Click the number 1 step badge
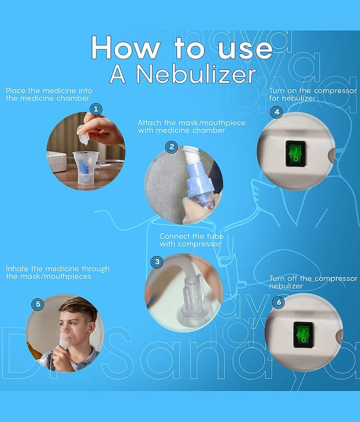[x=95, y=109]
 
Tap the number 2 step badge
[x=171, y=147]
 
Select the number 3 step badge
[x=157, y=262]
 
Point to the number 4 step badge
[x=276, y=112]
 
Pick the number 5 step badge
[x=38, y=304]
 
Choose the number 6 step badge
[x=278, y=302]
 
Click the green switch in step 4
[x=295, y=154]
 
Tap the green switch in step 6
[x=303, y=335]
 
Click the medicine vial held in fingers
[x=84, y=136]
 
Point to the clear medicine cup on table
[x=86, y=168]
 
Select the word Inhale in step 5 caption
[x=17, y=268]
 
